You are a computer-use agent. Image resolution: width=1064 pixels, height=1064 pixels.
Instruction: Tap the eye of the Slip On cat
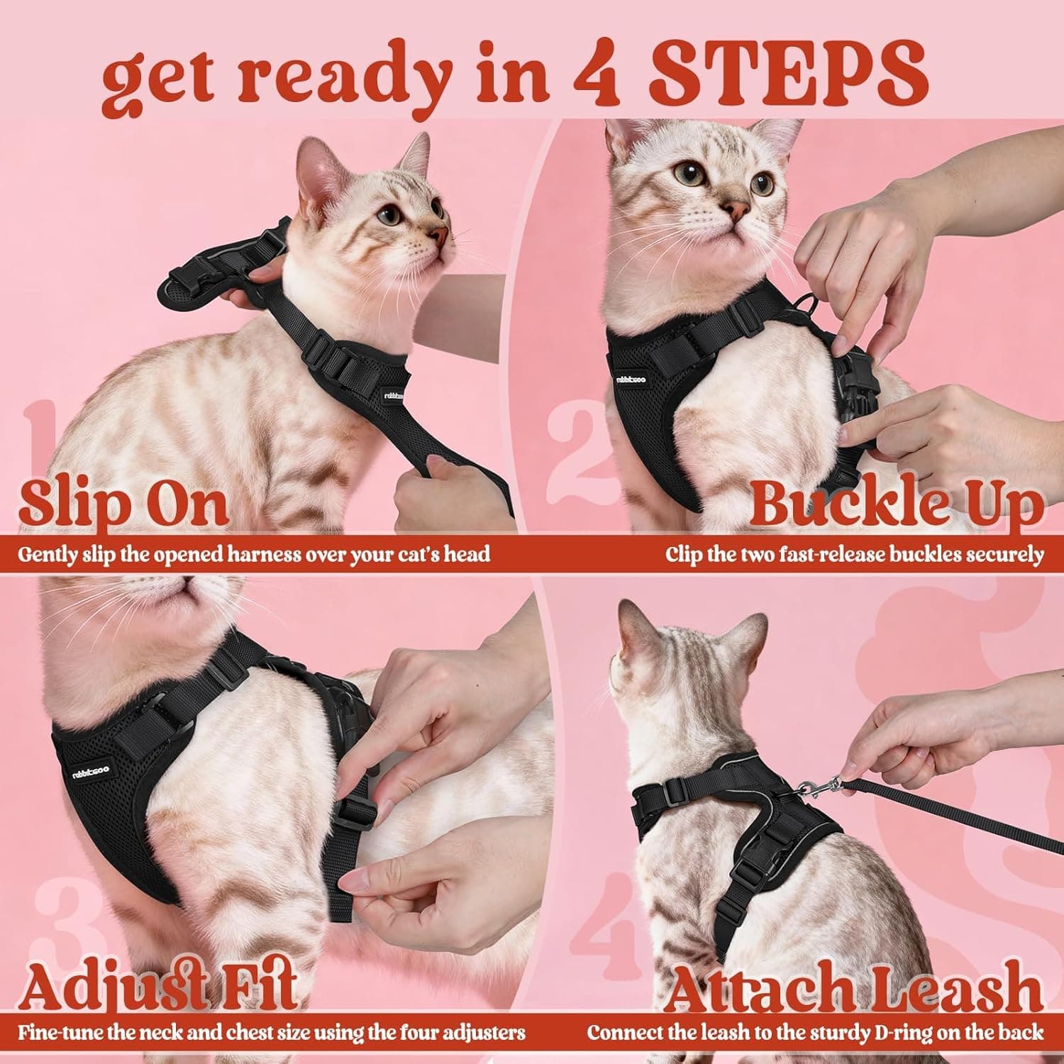tap(390, 215)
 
